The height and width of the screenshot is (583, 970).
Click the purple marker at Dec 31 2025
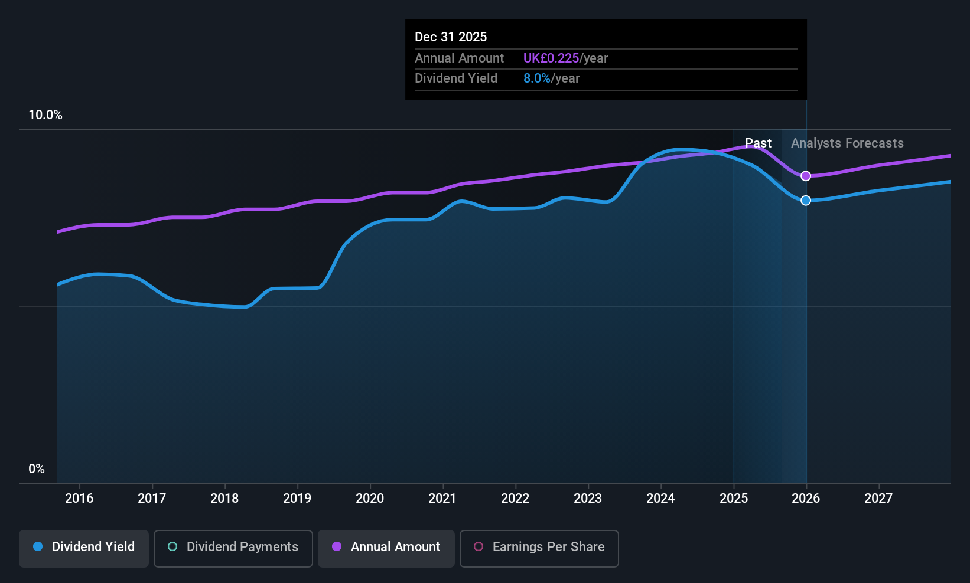(806, 176)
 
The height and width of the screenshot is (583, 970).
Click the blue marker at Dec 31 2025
(806, 201)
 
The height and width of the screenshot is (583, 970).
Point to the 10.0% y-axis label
(45, 115)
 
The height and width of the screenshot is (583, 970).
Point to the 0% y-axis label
(37, 469)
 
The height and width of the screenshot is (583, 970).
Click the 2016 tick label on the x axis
(79, 499)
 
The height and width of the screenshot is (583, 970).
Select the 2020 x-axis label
(370, 499)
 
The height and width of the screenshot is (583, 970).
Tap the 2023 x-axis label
(588, 499)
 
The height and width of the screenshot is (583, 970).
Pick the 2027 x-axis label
(878, 499)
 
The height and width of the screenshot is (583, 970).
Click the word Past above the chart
(758, 143)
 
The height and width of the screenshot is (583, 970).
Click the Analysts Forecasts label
(847, 143)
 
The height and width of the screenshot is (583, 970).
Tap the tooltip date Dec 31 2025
(451, 37)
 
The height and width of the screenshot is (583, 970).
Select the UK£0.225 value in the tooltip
(551, 58)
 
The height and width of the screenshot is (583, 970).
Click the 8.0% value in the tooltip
(536, 78)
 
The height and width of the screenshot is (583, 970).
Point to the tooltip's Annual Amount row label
(459, 58)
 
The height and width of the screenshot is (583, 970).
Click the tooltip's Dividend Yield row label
(456, 78)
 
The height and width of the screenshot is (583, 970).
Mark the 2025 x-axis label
(734, 499)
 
